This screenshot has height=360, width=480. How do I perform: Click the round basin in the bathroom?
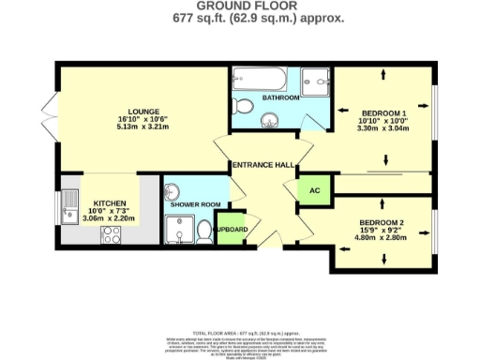269,119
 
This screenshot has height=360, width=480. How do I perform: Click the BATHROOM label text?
280,98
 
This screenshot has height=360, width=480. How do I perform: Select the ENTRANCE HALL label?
265,165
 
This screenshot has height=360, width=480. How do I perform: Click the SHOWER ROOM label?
195,203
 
